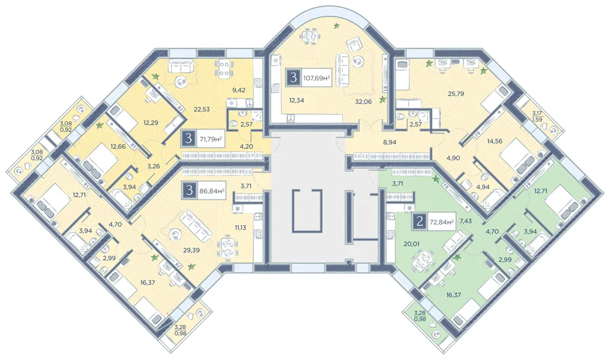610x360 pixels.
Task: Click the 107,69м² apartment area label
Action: point(317,78)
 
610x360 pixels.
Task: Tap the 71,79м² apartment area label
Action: point(210,138)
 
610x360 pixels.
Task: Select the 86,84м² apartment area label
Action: point(212,191)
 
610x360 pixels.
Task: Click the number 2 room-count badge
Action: point(420,222)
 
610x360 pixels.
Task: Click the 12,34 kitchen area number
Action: point(296,100)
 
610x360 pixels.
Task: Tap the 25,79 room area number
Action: point(456,93)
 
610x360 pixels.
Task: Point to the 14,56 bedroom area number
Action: point(495,142)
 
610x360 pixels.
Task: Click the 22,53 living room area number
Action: point(202,109)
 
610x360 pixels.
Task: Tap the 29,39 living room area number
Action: point(191,250)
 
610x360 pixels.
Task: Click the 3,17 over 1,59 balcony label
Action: point(539,117)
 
